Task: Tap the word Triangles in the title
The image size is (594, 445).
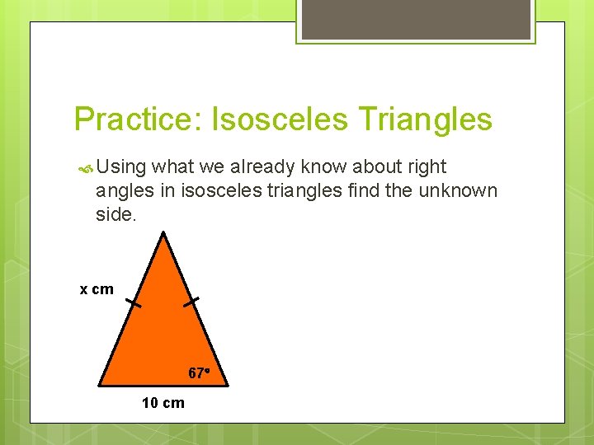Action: coord(425,119)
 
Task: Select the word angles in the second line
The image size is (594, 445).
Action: coord(122,191)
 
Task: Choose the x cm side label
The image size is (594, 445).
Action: coord(97,289)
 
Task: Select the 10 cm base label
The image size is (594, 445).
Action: coord(163,403)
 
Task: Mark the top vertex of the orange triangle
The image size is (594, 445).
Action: coord(164,233)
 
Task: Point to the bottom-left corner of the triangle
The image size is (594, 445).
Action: coord(100,385)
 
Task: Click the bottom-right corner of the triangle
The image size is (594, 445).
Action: coord(225,385)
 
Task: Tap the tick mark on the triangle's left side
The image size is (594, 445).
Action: coord(133,303)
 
